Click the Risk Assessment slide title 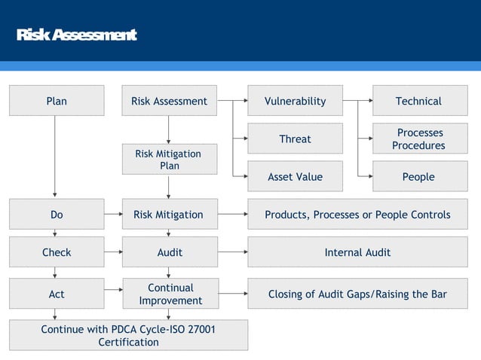76,35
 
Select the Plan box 57,101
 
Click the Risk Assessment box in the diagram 169,101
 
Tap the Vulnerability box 295,101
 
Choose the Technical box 419,101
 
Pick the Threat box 295,139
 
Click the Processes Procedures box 419,139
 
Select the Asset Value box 295,177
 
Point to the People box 419,177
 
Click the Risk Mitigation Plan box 169,159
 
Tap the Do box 57,215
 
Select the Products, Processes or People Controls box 357,215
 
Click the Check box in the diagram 57,252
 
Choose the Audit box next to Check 169,252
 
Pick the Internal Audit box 357,252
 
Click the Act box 57,294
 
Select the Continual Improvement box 169,294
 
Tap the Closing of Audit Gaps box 357,294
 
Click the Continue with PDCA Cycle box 128,336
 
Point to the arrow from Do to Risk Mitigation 113,215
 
